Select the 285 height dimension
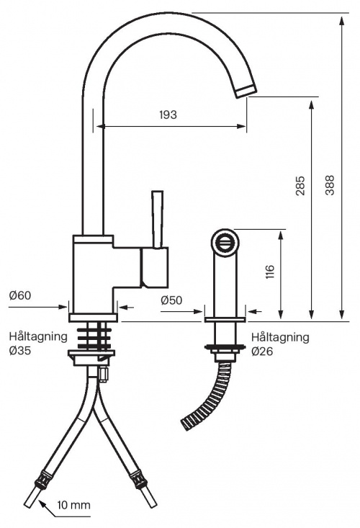(x=300, y=186)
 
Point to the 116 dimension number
(x=269, y=272)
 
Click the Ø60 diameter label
(x=19, y=296)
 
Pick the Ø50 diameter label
(x=171, y=300)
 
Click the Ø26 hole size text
(x=263, y=351)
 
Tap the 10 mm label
(x=73, y=505)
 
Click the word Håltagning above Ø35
(x=38, y=336)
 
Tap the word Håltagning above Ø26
(x=280, y=336)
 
